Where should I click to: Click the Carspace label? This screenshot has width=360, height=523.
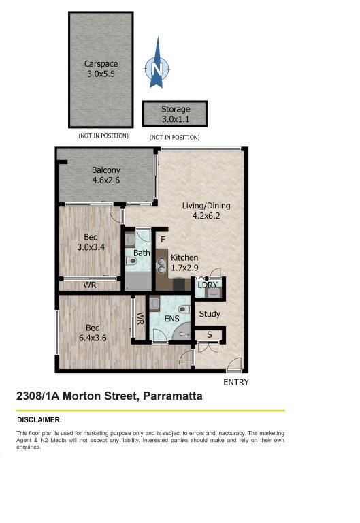tap(101, 64)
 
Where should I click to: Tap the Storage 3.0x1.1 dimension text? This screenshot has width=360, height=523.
tap(176, 119)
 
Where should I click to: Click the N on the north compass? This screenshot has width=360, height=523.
tap(157, 69)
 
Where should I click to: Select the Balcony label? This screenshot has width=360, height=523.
tap(106, 170)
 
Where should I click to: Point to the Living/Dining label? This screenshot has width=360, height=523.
tap(206, 206)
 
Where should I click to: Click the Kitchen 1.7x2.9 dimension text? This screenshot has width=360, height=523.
tap(184, 268)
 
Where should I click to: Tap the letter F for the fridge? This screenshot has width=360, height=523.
tap(163, 240)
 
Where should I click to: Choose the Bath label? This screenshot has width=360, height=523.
tap(142, 253)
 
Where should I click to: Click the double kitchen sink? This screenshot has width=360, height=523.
tap(162, 266)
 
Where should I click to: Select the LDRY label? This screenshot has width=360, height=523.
tap(208, 285)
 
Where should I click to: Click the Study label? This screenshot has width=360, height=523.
tap(210, 314)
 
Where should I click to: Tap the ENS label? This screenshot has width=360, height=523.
tap(172, 319)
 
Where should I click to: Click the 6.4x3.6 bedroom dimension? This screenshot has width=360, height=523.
tap(93, 338)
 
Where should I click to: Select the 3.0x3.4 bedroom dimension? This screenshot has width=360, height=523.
tap(91, 247)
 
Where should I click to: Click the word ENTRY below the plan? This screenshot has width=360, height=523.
tap(236, 382)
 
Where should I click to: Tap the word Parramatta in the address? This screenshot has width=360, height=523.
tap(173, 396)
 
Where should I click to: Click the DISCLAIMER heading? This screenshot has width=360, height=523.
tap(39, 420)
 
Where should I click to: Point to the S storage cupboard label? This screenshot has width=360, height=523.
tap(210, 334)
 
